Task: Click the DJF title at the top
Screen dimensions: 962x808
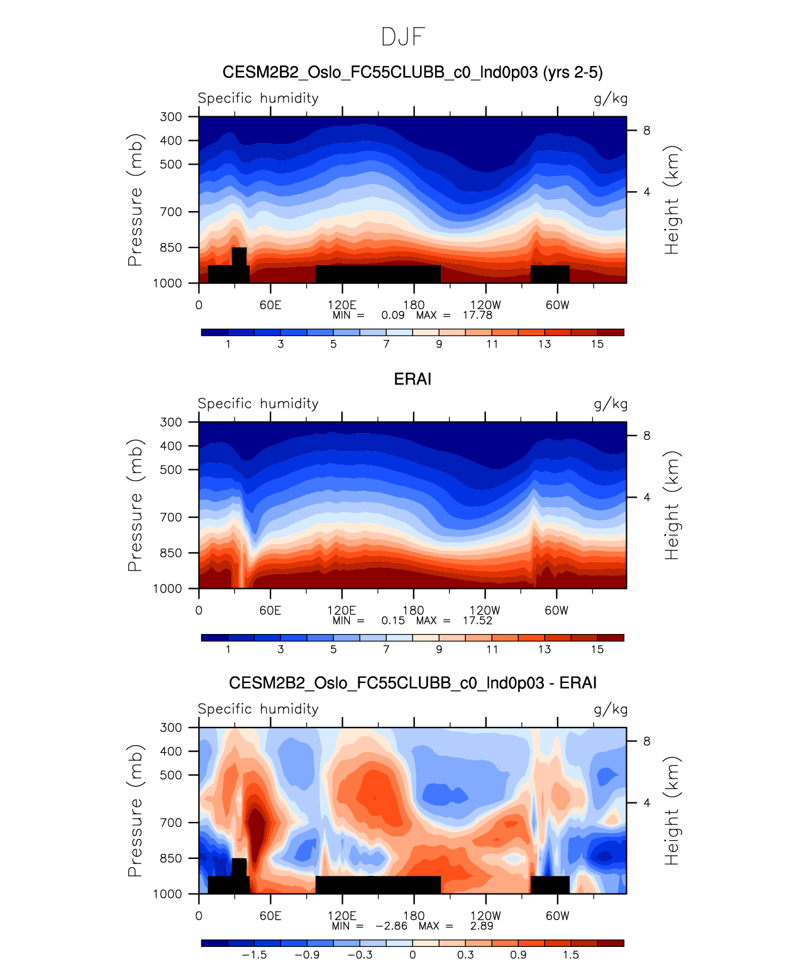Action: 404,37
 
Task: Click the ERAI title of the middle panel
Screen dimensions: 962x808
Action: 412,379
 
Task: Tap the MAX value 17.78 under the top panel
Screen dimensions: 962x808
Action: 477,315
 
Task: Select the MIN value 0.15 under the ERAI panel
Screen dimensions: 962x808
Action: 393,620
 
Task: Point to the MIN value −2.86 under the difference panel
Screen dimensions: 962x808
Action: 391,926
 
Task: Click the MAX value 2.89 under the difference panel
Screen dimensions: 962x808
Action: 482,926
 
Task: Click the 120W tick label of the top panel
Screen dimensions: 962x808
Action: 485,305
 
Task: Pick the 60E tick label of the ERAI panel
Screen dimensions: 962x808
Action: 270,611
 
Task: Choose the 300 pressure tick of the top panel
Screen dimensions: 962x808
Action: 170,117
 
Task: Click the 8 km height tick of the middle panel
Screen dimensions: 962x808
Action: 646,436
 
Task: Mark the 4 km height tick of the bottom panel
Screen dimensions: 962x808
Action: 646,803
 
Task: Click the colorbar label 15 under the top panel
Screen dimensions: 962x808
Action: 597,344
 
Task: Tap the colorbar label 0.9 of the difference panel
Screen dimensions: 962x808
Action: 518,954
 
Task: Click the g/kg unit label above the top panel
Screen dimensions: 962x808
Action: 611,99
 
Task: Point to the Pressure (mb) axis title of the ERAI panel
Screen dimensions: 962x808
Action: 135,505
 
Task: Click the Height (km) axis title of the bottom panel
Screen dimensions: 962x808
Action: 672,811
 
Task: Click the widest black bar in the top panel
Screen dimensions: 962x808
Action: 378,274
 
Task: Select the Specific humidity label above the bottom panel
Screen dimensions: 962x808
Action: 258,709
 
